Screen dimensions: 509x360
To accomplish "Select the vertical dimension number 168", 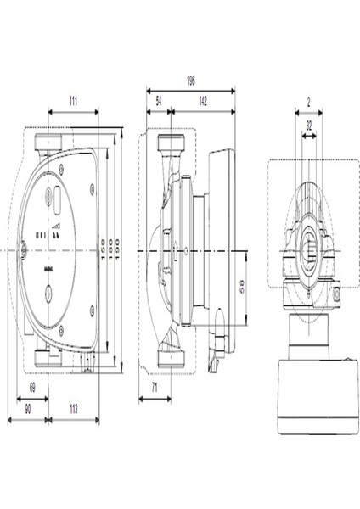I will coord(103,249).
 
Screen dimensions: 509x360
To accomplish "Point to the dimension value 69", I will coord(32,386).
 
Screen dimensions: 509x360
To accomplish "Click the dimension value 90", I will coord(27,408).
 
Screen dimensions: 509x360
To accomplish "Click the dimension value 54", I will coord(159,100).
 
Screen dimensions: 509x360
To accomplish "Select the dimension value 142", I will coord(204,100).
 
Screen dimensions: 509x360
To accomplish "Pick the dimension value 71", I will coord(154,386).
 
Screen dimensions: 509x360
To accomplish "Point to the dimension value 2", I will coord(309,101).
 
